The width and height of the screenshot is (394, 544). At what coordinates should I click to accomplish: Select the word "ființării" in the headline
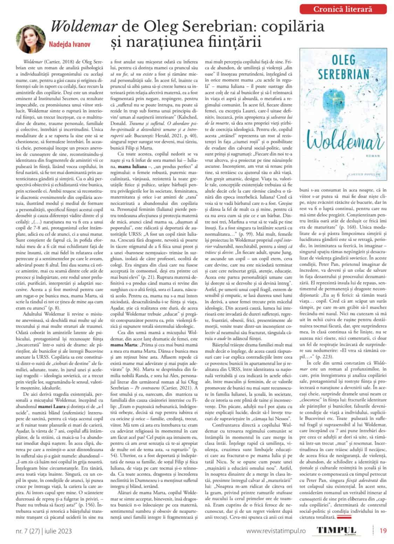(238, 42)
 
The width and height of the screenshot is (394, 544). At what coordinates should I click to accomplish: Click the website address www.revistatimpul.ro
(276, 531)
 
